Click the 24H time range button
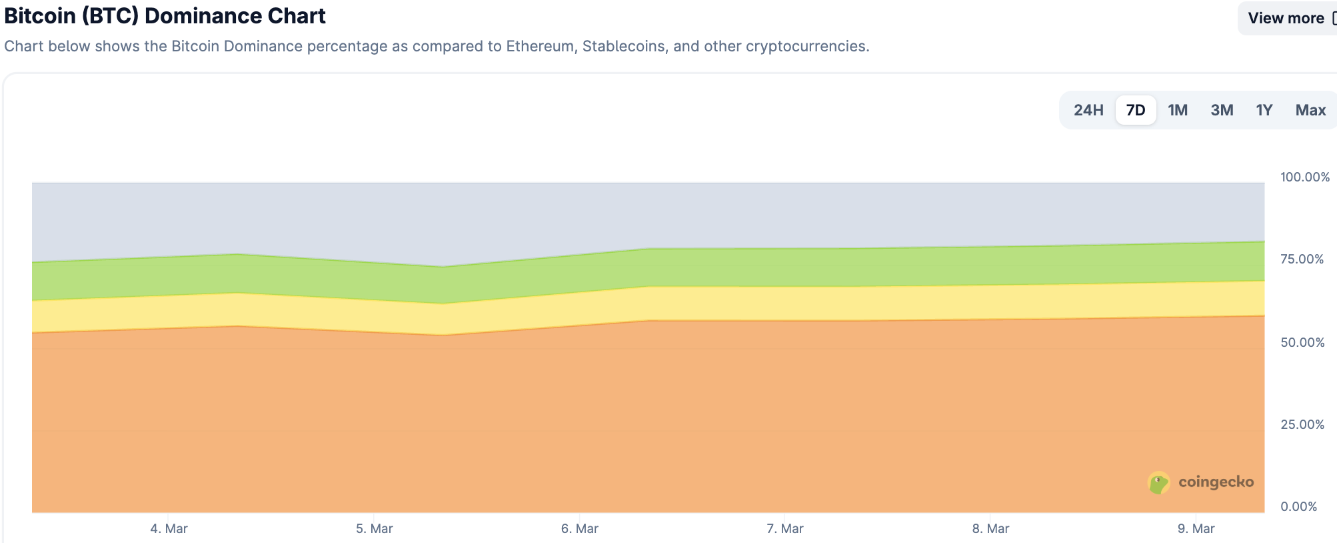[x=1088, y=110]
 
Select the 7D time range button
[x=1136, y=110]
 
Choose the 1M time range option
[x=1178, y=110]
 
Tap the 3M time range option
[x=1222, y=110]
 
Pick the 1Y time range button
[x=1264, y=110]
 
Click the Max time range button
[x=1310, y=110]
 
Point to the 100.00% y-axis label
[x=1304, y=177]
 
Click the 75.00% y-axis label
[x=1302, y=259]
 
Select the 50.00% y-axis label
[x=1302, y=342]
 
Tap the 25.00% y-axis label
[x=1302, y=424]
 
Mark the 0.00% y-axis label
[x=1298, y=506]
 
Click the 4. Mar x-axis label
[x=169, y=529]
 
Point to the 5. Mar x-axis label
[x=374, y=529]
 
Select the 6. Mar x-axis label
[x=579, y=529]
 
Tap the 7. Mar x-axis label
[x=784, y=529]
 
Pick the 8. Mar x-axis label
[x=990, y=529]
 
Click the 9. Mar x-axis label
[x=1196, y=529]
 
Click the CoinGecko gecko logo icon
[x=1158, y=483]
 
